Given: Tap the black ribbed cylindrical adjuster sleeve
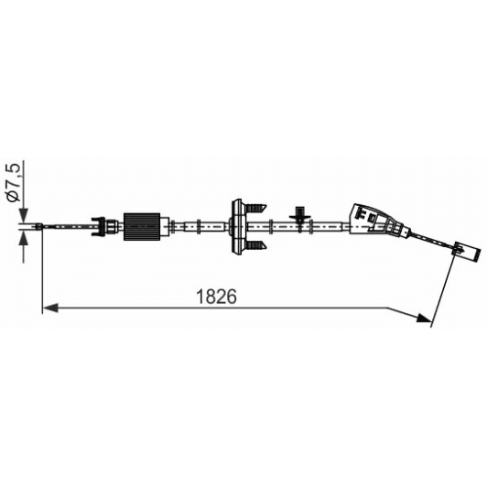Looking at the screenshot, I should [x=142, y=224].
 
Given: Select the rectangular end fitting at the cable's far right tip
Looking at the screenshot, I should [x=468, y=251].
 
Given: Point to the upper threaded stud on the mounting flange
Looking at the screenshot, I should [x=256, y=203].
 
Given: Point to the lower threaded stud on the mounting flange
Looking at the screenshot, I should [x=256, y=245].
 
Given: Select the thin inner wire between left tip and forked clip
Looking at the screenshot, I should [x=69, y=224].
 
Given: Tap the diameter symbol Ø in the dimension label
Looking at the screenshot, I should [x=14, y=194].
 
